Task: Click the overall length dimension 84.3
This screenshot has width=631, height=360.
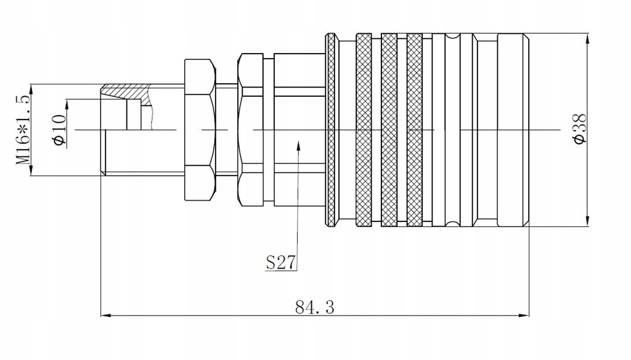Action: pyautogui.click(x=314, y=306)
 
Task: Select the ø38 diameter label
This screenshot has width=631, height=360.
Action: pyautogui.click(x=580, y=129)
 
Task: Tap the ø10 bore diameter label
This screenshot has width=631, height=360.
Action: pyautogui.click(x=59, y=129)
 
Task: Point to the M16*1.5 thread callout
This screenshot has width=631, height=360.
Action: pyautogui.click(x=23, y=129)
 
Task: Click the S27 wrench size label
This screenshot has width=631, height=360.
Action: pyautogui.click(x=280, y=263)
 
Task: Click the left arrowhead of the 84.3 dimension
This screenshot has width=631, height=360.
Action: pyautogui.click(x=105, y=316)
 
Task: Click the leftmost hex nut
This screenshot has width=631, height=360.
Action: pyautogui.click(x=200, y=129)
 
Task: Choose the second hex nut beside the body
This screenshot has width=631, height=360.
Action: pyautogui.click(x=251, y=129)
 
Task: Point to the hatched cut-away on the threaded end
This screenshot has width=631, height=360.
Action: pyautogui.click(x=126, y=91)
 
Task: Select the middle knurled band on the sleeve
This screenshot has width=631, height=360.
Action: pyautogui.click(x=389, y=129)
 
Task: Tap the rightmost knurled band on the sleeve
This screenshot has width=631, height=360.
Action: pyautogui.click(x=414, y=129)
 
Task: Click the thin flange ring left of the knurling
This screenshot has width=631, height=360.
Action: pyautogui.click(x=331, y=129)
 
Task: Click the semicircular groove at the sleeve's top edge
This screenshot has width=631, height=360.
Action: pyautogui.click(x=453, y=38)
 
